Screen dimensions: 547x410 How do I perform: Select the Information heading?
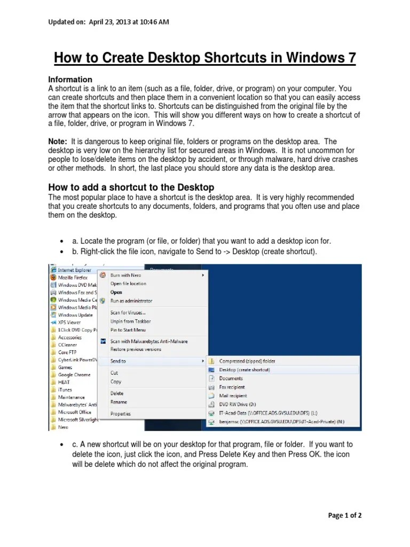point(70,79)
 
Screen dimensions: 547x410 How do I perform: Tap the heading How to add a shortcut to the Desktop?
point(131,187)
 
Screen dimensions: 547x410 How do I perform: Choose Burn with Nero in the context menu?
point(125,275)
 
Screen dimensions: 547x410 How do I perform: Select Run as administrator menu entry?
point(131,301)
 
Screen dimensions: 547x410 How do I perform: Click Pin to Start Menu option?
point(128,330)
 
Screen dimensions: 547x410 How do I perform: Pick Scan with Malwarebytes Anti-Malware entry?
point(148,341)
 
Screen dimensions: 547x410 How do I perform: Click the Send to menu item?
point(118,361)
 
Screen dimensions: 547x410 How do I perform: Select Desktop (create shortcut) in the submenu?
point(245,370)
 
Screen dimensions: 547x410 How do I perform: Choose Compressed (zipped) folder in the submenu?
point(247,361)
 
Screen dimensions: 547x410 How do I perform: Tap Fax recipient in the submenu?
point(232,387)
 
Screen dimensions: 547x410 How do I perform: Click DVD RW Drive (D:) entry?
point(238,404)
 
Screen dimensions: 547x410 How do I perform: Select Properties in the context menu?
point(120,413)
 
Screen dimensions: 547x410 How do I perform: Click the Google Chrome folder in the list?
point(74,375)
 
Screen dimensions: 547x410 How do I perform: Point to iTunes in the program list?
point(65,390)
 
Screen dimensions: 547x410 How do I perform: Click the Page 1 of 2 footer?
point(345,515)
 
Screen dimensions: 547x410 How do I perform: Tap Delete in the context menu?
point(117,393)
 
